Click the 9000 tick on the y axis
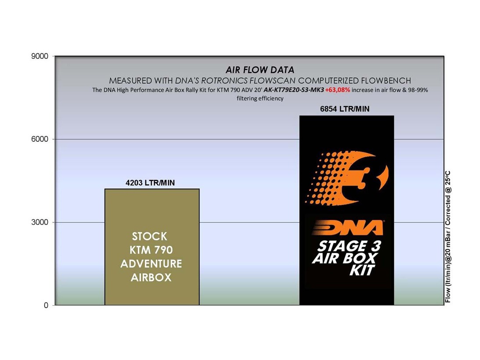click(x=40, y=56)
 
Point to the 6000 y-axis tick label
click(x=40, y=139)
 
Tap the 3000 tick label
click(x=40, y=222)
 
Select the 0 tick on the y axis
click(x=46, y=305)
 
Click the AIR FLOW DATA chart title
click(x=260, y=70)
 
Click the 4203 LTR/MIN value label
click(x=150, y=183)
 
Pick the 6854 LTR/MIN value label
click(x=345, y=109)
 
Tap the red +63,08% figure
click(x=338, y=90)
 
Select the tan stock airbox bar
click(x=152, y=247)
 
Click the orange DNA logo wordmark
click(x=348, y=227)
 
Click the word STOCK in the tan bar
click(x=150, y=236)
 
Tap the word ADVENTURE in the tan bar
click(x=151, y=264)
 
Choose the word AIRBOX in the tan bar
click(x=151, y=277)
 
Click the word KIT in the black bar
click(x=362, y=270)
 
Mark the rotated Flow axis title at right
click(x=448, y=237)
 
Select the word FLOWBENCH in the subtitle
click(x=386, y=80)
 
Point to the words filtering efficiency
click(x=260, y=98)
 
